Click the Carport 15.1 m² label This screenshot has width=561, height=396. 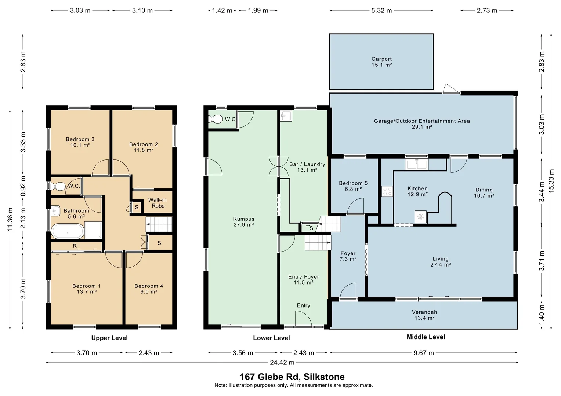coord(381,62)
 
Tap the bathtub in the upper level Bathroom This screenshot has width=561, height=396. coord(68,231)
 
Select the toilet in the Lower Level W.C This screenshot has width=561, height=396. coord(216,120)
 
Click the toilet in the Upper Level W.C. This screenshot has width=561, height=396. coord(58,186)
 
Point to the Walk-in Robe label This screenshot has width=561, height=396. coord(158,203)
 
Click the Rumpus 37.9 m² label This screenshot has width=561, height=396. coord(244,222)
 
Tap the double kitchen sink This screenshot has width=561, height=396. coord(416,165)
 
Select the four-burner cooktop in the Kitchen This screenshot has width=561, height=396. coord(387,191)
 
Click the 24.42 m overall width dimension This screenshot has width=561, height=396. coord(282,363)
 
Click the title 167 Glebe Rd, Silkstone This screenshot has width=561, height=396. coord(292,377)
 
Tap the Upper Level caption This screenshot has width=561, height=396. coord(109,338)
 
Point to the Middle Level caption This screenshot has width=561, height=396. coord(426,337)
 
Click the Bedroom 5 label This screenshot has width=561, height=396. coord(353,186)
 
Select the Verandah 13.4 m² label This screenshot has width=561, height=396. coord(424,315)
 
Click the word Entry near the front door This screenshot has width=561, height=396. coord(303,305)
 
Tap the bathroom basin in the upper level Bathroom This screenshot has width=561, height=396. coord(56,211)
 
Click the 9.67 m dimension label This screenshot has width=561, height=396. coord(424,353)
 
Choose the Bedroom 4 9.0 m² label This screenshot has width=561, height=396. coord(149,289)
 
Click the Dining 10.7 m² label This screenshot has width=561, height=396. coord(484,192)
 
